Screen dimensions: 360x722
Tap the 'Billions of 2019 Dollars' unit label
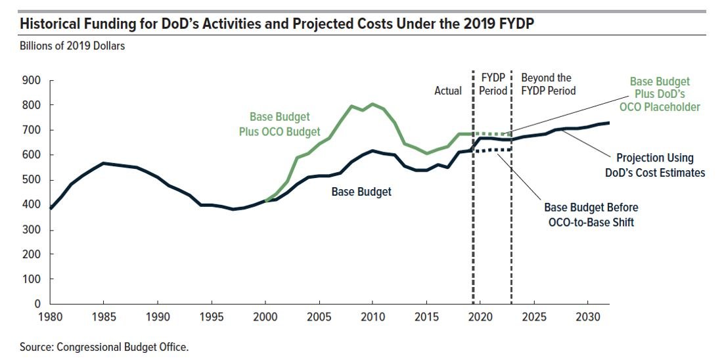pos(72,46)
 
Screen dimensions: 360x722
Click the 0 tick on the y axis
pos(38,304)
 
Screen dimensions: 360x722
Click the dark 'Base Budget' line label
pos(361,192)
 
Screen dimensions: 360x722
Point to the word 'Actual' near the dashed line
pos(448,91)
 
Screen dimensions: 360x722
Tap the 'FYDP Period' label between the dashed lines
pos(493,84)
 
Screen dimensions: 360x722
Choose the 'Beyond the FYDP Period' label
pos(548,84)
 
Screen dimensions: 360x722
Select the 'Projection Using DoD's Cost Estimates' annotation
pos(654,165)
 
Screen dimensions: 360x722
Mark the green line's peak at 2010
pos(372,104)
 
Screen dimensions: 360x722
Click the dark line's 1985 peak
pos(104,163)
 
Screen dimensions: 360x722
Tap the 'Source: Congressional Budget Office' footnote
pos(104,346)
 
